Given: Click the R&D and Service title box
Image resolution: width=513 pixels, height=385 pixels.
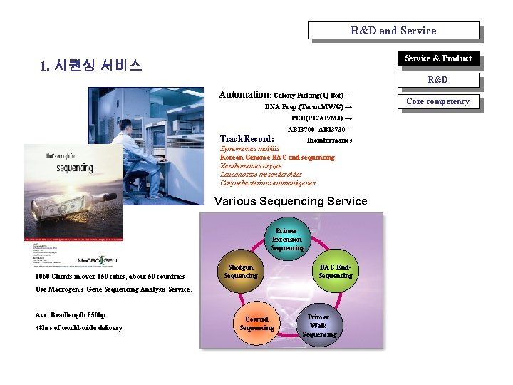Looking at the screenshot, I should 393,31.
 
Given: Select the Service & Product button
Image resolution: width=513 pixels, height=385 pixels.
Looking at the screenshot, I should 437,59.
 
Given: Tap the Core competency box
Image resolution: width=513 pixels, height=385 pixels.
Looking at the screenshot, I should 437,102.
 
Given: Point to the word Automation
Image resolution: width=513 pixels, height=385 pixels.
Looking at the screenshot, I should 243,94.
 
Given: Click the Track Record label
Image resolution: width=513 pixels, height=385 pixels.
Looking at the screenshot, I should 247,139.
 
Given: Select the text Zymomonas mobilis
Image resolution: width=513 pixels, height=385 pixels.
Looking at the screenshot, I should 244,149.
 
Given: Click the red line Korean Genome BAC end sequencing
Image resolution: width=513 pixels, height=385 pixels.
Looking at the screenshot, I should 277,158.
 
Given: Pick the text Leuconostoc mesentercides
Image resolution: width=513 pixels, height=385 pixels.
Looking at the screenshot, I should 261,175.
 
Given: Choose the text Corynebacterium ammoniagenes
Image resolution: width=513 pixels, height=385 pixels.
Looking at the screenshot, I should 267,183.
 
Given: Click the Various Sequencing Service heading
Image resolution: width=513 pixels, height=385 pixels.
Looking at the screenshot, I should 291,202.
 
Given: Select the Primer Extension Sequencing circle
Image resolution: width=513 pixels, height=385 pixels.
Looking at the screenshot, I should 287,240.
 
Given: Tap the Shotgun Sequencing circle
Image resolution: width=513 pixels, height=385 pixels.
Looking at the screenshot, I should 240,272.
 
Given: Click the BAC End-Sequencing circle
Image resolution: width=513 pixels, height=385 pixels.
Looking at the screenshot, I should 335,272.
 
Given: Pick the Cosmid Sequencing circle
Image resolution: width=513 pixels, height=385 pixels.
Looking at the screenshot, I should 256,323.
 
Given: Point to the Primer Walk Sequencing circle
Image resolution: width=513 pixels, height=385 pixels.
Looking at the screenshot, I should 318,325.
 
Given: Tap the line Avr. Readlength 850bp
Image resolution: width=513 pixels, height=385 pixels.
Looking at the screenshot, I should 71,315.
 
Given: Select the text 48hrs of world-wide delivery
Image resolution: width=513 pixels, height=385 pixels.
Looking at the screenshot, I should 78,328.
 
